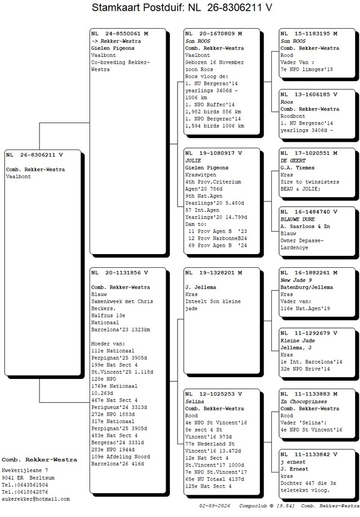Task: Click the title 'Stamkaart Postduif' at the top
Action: pos(136,7)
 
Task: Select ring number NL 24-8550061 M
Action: pos(119,34)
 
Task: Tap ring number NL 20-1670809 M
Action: pos(214,34)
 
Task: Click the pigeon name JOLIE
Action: pos(193,160)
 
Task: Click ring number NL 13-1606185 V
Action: pos(309,94)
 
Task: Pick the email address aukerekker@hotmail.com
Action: pos(35,499)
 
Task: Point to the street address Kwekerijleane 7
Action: pos(25,470)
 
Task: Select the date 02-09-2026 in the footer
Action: pos(214,506)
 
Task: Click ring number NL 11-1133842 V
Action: pos(309,455)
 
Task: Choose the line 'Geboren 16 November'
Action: pos(214,62)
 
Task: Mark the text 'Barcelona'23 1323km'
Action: pos(121,330)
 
